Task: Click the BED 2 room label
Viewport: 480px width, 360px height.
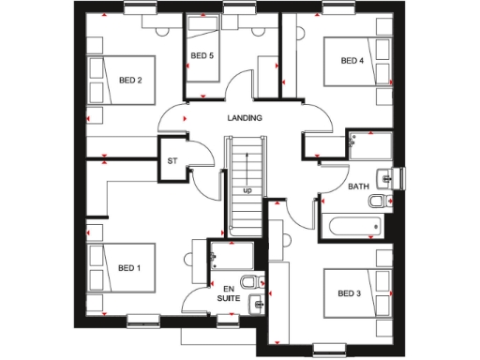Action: (130, 80)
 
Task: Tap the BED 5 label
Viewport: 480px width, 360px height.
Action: (202, 56)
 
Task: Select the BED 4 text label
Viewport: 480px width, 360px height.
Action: (352, 61)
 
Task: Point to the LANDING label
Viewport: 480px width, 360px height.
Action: (245, 118)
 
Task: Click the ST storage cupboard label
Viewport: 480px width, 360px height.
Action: (172, 161)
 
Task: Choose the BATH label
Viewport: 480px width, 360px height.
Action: (358, 187)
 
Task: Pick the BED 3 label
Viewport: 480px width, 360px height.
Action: (349, 293)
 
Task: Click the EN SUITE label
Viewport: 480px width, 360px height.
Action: (229, 292)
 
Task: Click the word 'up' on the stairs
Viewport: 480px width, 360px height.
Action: (247, 190)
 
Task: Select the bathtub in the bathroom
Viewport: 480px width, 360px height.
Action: (352, 226)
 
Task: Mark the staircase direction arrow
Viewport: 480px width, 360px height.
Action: (247, 169)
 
